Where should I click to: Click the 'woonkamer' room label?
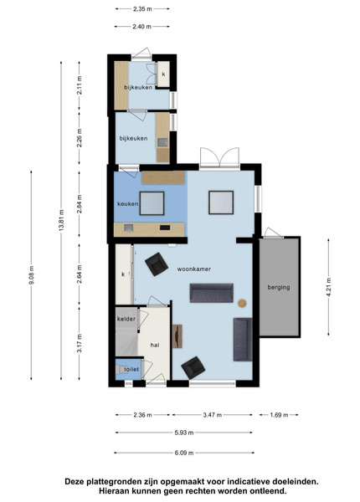(194, 269)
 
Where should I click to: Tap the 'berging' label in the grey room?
(279, 287)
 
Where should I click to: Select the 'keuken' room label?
(128, 203)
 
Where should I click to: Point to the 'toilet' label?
(131, 369)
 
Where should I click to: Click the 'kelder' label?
(126, 319)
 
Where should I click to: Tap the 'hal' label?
(155, 345)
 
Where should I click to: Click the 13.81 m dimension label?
(61, 220)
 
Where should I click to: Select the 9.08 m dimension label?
(31, 275)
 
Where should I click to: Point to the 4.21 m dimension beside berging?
(329, 288)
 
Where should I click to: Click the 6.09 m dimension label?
(184, 453)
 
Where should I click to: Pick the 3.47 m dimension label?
(213, 415)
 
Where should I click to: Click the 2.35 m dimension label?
(142, 9)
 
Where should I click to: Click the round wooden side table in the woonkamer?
(242, 303)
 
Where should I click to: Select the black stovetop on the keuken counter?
(165, 228)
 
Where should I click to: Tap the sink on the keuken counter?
(128, 228)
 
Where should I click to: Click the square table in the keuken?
(152, 203)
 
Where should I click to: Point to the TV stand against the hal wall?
(177, 336)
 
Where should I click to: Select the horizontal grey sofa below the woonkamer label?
(211, 293)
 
